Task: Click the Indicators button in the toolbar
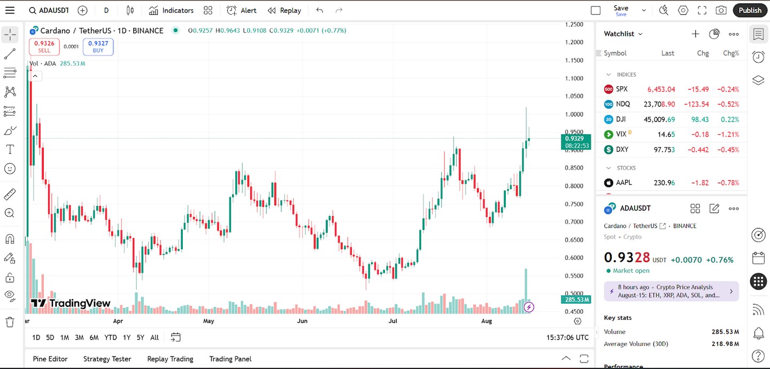(171, 10)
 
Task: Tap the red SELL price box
(44, 47)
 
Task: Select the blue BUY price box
(98, 47)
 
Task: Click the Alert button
(242, 10)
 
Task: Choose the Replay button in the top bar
(284, 10)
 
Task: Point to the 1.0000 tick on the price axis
(574, 114)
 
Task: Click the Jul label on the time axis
(393, 321)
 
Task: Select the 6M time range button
(94, 337)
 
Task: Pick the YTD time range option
(111, 337)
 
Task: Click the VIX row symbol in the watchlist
(621, 134)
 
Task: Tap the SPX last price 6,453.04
(661, 89)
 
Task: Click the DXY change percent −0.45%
(728, 149)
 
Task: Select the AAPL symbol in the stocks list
(623, 182)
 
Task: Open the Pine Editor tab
(50, 359)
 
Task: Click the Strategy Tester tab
(107, 359)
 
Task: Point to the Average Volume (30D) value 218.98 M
(725, 344)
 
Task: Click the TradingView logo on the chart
(71, 303)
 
